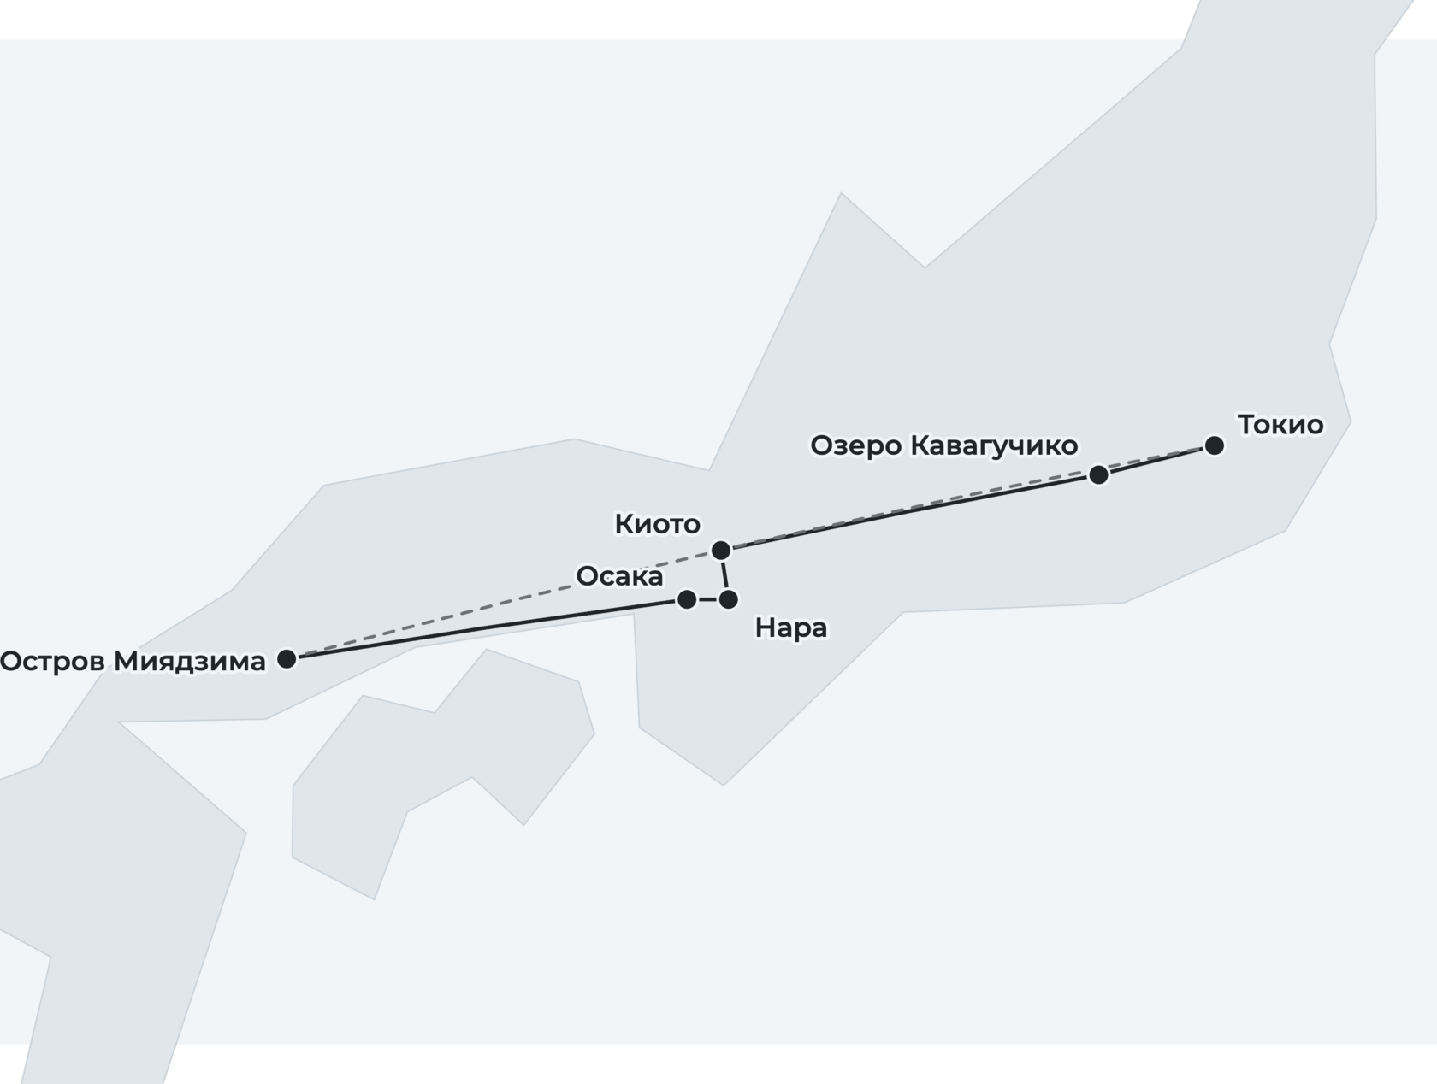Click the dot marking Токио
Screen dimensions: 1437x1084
[x=1215, y=445]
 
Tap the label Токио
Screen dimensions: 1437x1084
[x=1280, y=425]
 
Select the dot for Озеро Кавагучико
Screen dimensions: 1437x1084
[x=1098, y=475]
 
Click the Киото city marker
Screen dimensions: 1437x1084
[x=721, y=551]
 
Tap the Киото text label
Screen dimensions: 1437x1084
[x=657, y=524]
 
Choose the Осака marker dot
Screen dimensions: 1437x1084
[x=687, y=599]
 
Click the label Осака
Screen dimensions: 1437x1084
[x=619, y=576]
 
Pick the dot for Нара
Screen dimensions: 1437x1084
[x=728, y=599]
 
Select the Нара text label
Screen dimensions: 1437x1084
[x=791, y=628]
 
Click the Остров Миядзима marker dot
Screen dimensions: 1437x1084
[x=287, y=659]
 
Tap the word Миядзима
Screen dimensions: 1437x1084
[x=190, y=662]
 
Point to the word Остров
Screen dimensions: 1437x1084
[x=52, y=662]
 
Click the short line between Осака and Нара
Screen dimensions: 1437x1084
[x=707, y=599]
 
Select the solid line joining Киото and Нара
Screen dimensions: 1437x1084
[x=724, y=575]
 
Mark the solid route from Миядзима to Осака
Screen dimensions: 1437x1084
[x=487, y=628]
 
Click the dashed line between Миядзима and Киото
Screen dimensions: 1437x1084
[x=504, y=604]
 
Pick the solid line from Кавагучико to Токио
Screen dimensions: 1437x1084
[x=1156, y=461]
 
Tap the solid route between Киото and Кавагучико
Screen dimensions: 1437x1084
[x=910, y=513]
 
